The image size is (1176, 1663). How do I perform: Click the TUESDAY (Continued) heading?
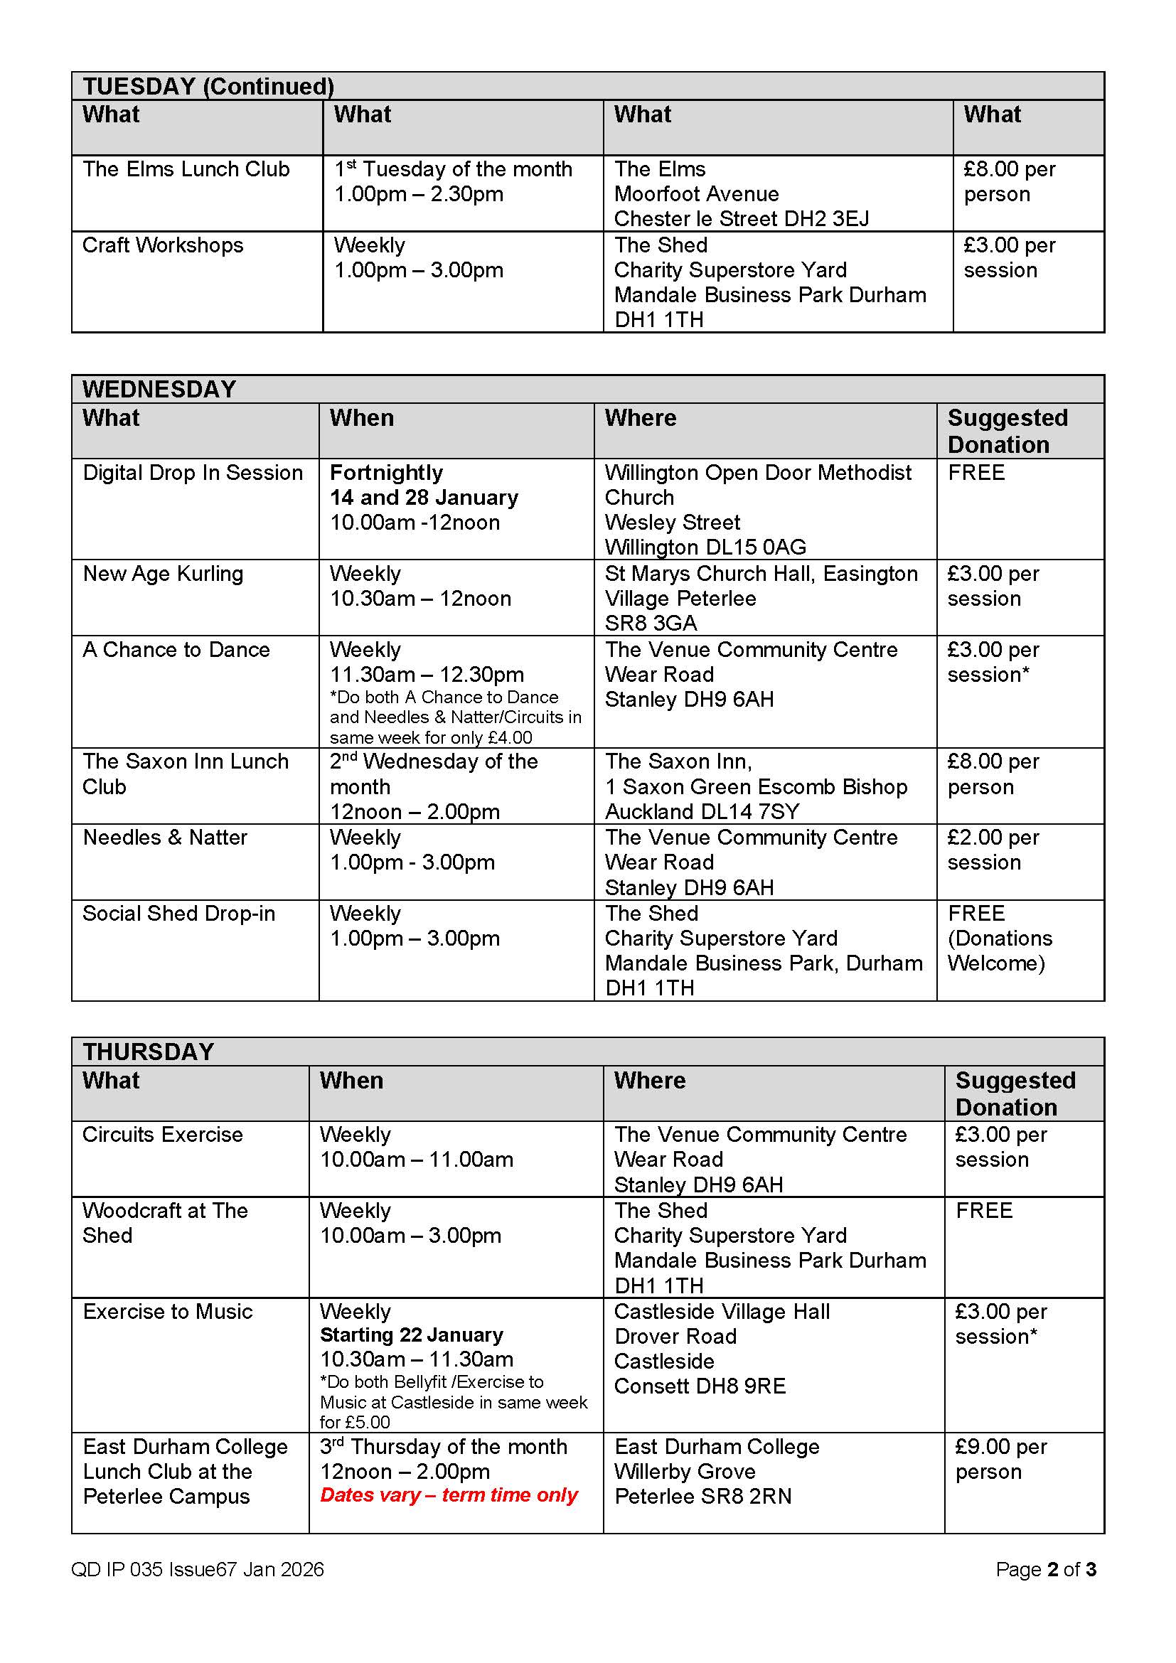(208, 86)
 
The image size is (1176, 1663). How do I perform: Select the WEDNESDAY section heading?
(159, 389)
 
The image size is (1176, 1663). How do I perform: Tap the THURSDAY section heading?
(148, 1051)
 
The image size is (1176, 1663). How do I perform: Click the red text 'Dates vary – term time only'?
(448, 1494)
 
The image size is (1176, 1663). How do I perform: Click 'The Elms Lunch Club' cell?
(186, 169)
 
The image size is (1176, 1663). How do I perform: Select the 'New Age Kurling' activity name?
(163, 574)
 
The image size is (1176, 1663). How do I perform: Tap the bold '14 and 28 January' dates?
(424, 498)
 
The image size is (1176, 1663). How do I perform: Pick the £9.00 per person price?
(1000, 1459)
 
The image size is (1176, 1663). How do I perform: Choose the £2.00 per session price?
(992, 850)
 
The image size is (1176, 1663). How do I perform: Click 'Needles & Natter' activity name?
(164, 838)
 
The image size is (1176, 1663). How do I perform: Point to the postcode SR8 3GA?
(651, 623)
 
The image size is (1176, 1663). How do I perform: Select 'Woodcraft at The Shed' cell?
(164, 1223)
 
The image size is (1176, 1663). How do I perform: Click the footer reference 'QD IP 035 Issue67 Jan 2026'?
(197, 1569)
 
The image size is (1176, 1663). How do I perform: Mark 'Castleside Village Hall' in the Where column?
(721, 1312)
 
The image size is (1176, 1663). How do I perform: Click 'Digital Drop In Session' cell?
(192, 473)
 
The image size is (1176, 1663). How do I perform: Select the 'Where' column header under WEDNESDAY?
(640, 418)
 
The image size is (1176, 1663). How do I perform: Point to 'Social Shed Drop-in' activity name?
(178, 914)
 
